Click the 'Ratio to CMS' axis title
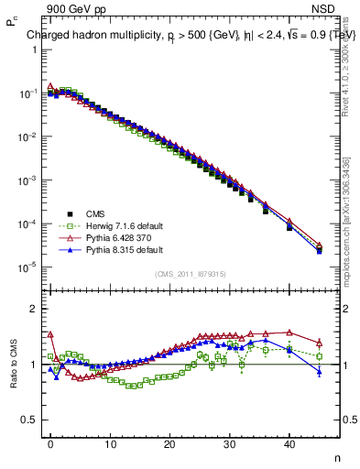pyautogui.click(x=12, y=363)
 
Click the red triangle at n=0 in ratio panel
pyautogui.click(x=50, y=334)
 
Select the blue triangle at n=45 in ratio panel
pyautogui.click(x=319, y=371)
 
